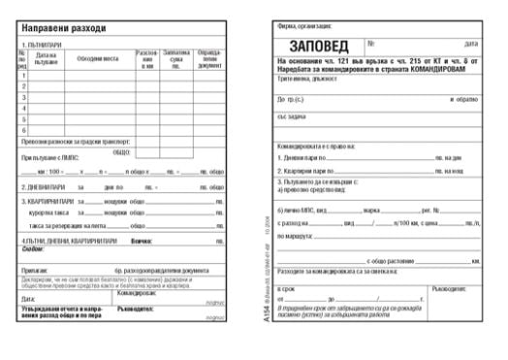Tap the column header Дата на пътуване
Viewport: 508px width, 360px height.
tap(46, 59)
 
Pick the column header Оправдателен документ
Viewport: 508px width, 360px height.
tap(208, 59)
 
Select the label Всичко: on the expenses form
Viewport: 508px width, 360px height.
tap(142, 240)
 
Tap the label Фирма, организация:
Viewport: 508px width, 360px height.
tap(297, 28)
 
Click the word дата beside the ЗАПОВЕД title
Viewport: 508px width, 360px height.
tap(471, 44)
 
